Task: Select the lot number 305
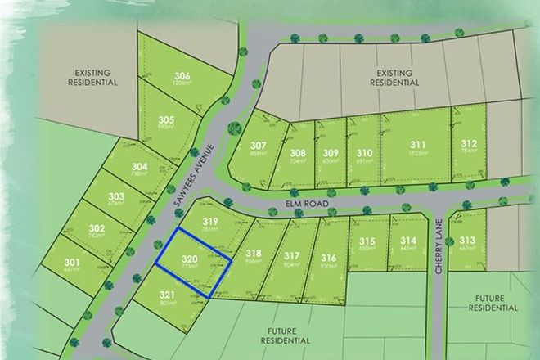166,119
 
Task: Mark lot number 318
253,254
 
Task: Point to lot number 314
409,240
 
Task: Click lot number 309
331,152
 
